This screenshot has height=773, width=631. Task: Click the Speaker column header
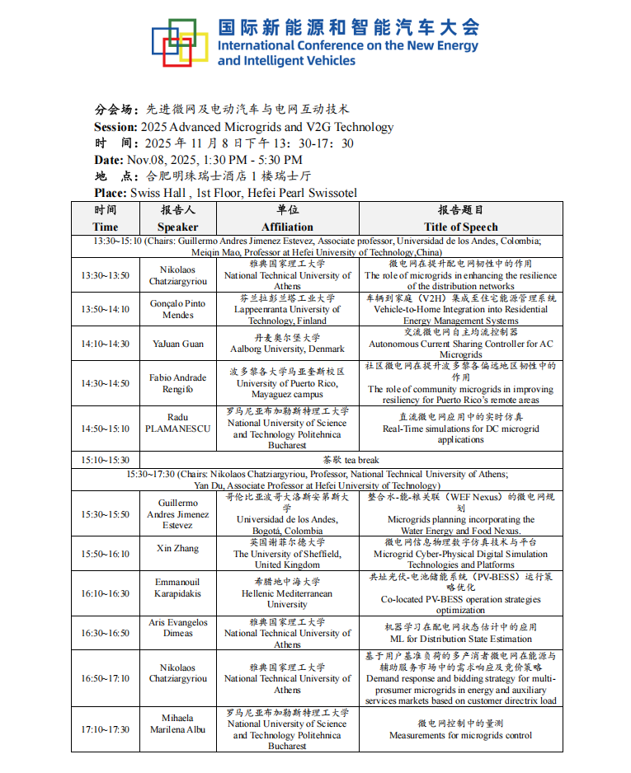[x=178, y=218]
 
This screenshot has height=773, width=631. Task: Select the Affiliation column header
[x=287, y=218]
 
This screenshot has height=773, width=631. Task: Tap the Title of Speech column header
[x=460, y=218]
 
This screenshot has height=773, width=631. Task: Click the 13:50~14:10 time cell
[x=105, y=309]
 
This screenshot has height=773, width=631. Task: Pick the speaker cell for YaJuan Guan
[x=178, y=344]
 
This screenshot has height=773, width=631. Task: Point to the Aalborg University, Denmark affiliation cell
[x=287, y=344]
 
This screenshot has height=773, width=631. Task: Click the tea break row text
[x=351, y=460]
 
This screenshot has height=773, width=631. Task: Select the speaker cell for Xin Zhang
[x=178, y=548]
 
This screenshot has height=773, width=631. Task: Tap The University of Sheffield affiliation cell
[x=287, y=554]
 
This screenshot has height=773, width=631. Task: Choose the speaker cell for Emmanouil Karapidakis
[x=178, y=588]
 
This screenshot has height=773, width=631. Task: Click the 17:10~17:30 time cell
[x=105, y=729]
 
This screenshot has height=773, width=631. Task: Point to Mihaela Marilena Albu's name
[x=178, y=724]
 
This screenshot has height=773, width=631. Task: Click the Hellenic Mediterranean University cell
[x=287, y=593]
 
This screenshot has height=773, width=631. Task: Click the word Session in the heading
[x=115, y=127]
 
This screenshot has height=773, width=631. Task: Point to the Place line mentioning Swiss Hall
[x=225, y=193]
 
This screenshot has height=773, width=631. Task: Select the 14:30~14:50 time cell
[x=105, y=383]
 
